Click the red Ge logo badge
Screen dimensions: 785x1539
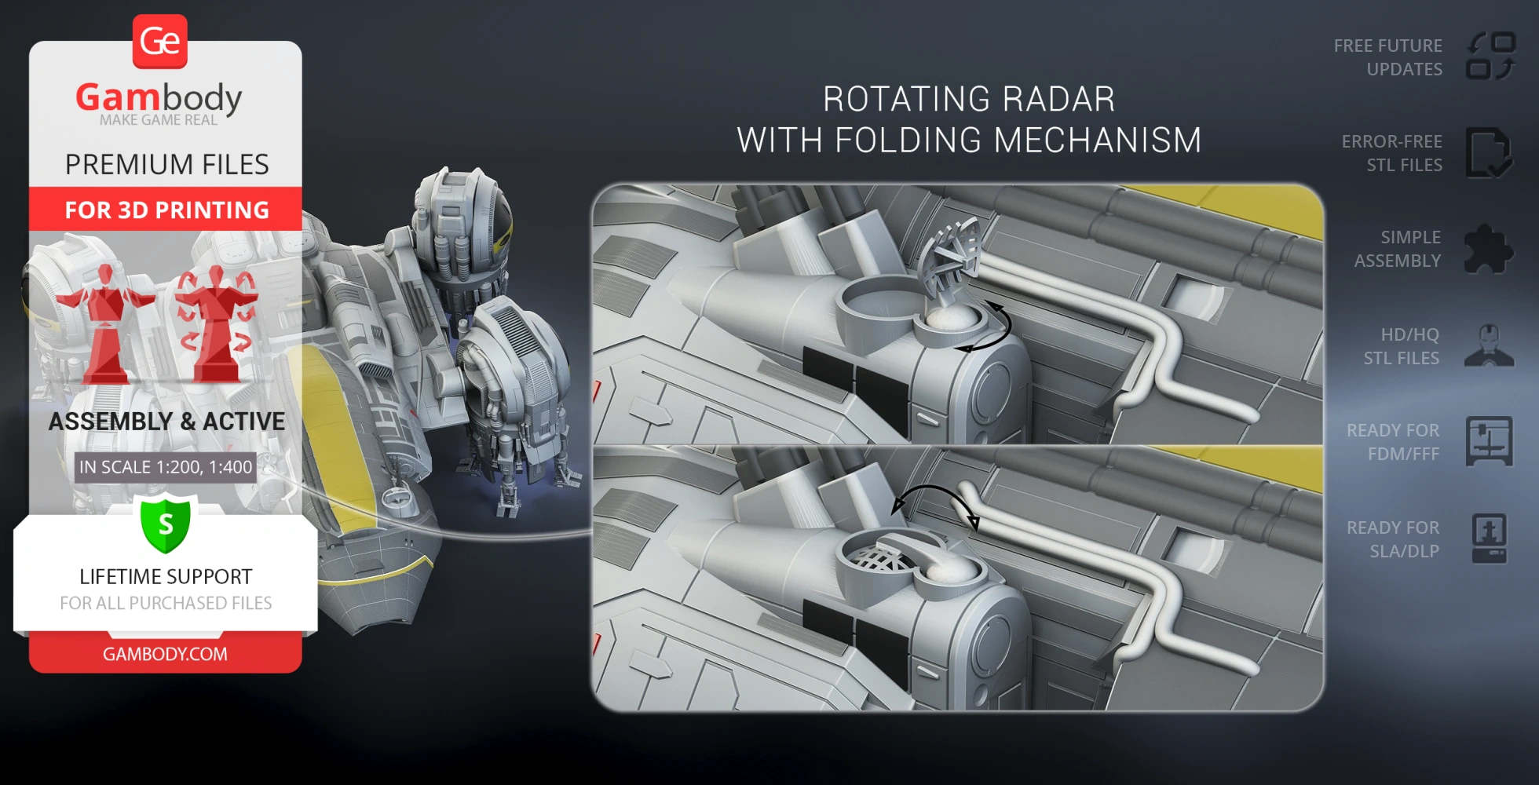pos(160,41)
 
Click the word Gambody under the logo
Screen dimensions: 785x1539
pos(159,98)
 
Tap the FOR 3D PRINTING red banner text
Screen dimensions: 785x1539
pos(166,210)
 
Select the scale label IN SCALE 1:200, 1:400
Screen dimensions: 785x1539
pos(166,467)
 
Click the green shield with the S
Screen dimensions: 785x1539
pos(166,524)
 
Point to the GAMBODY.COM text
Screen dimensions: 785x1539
pos(165,654)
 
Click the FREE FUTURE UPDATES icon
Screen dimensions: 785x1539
pos(1490,57)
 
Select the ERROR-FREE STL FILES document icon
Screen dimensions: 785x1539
pos(1488,153)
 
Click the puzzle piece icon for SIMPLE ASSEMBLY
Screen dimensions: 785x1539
pos(1488,249)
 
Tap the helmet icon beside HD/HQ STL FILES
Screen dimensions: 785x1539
pos(1489,345)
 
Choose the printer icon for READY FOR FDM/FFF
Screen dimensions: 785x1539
pos(1489,441)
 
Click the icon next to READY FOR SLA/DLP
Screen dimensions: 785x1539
pos(1489,539)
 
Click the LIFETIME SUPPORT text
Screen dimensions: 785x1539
pos(166,577)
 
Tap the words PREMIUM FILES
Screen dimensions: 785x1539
pos(166,165)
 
